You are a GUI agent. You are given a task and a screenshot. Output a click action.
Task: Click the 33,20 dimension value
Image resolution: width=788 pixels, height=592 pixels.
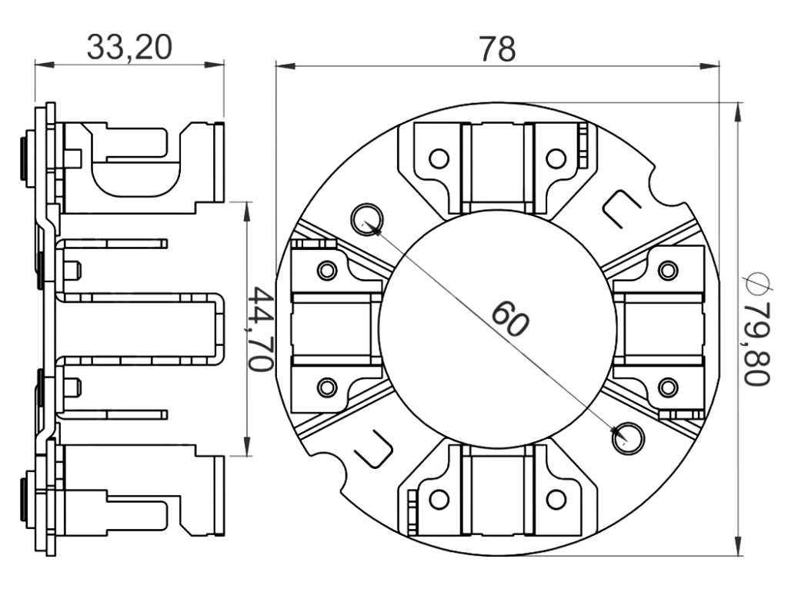click(129, 47)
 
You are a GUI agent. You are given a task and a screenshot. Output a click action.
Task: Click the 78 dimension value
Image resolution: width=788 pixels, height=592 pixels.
click(497, 48)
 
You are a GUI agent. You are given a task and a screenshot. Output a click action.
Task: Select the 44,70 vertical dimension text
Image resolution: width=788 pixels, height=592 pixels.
click(261, 329)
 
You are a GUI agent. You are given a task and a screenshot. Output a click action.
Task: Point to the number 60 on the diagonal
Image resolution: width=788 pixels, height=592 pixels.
click(509, 318)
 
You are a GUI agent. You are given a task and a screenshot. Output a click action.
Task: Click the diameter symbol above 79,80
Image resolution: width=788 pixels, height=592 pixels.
click(758, 284)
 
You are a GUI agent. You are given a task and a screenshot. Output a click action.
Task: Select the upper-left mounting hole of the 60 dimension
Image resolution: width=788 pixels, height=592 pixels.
click(367, 219)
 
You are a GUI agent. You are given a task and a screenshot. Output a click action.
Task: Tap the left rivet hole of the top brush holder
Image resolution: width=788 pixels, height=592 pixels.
click(439, 158)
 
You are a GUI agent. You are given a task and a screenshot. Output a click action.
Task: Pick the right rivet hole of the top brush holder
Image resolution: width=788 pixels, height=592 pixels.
click(556, 158)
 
